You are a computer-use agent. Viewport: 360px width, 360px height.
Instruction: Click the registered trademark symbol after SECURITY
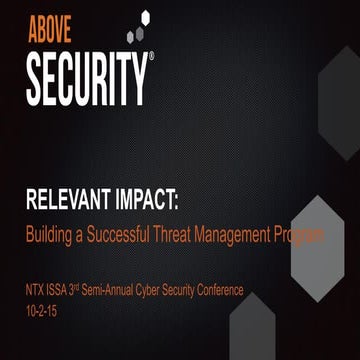point(151,59)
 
